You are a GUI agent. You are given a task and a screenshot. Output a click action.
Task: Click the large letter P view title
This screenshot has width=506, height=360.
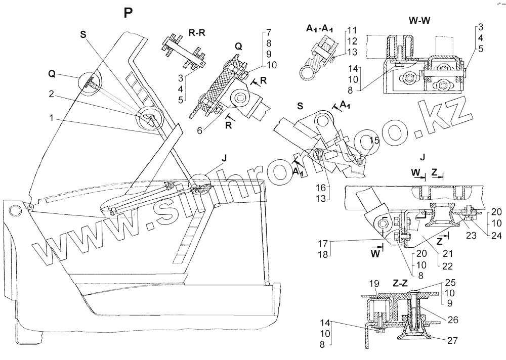pyautogui.click(x=129, y=14)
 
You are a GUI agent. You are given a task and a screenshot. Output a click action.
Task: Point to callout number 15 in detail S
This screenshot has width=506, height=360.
pyautogui.click(x=374, y=140)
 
